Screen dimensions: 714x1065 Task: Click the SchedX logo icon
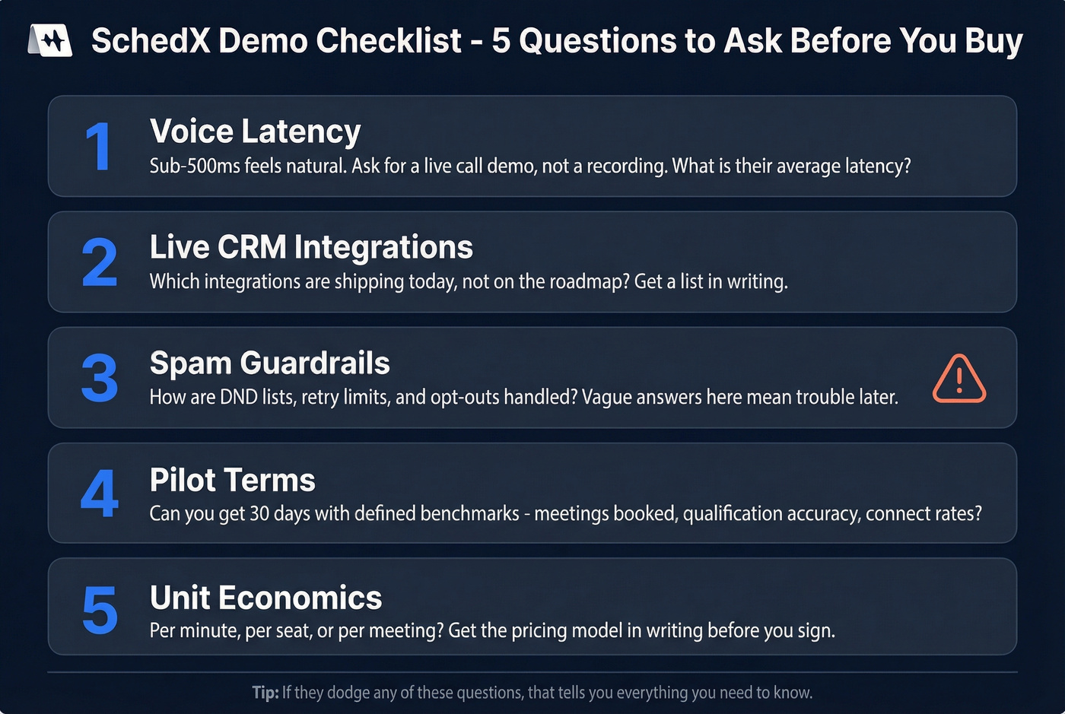(x=50, y=40)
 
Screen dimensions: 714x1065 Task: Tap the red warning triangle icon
(x=958, y=378)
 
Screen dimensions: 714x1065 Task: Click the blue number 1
(x=99, y=146)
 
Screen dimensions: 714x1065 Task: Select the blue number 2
(x=100, y=262)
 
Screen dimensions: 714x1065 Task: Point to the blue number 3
(x=100, y=378)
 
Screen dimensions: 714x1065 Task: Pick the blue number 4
(x=100, y=493)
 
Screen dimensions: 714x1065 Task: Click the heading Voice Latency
(x=255, y=132)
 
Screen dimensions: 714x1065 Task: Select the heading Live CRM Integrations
(x=311, y=247)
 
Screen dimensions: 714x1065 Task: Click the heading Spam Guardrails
(x=269, y=363)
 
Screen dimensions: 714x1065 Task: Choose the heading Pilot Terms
(x=232, y=480)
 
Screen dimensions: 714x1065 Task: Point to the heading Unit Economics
(x=265, y=598)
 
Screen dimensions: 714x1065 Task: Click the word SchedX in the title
(x=150, y=41)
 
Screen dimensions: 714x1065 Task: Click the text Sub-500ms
(x=195, y=166)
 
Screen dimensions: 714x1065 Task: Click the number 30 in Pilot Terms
(x=259, y=513)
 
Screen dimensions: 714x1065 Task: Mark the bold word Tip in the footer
(x=265, y=693)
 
